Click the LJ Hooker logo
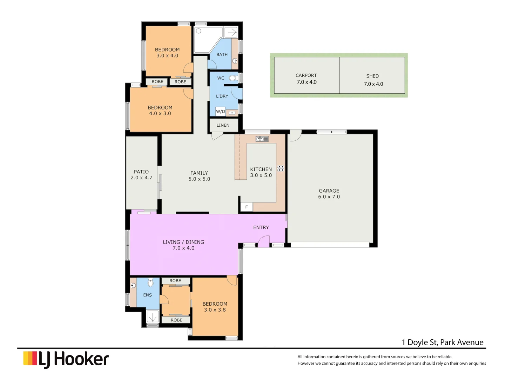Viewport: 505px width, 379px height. [66, 359]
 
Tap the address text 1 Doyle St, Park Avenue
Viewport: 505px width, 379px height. [443, 343]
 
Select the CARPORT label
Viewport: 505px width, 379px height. [306, 75]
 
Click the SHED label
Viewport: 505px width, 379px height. [372, 76]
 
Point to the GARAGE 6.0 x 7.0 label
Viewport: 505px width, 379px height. [329, 194]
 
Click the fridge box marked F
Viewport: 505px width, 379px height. [247, 207]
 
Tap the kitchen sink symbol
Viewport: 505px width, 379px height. [262, 139]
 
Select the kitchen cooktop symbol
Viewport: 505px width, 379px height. [281, 168]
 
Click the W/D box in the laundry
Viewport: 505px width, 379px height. [221, 112]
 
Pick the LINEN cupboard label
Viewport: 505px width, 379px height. [223, 125]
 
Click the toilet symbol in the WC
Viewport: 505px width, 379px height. [233, 78]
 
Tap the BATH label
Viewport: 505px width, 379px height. [222, 55]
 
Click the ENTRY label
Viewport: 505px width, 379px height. [261, 228]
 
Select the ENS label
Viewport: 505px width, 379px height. [148, 295]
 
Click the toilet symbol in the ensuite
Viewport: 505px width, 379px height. [150, 282]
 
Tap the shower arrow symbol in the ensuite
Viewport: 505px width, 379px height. [153, 317]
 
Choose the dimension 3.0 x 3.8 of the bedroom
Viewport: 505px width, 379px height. [215, 310]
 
